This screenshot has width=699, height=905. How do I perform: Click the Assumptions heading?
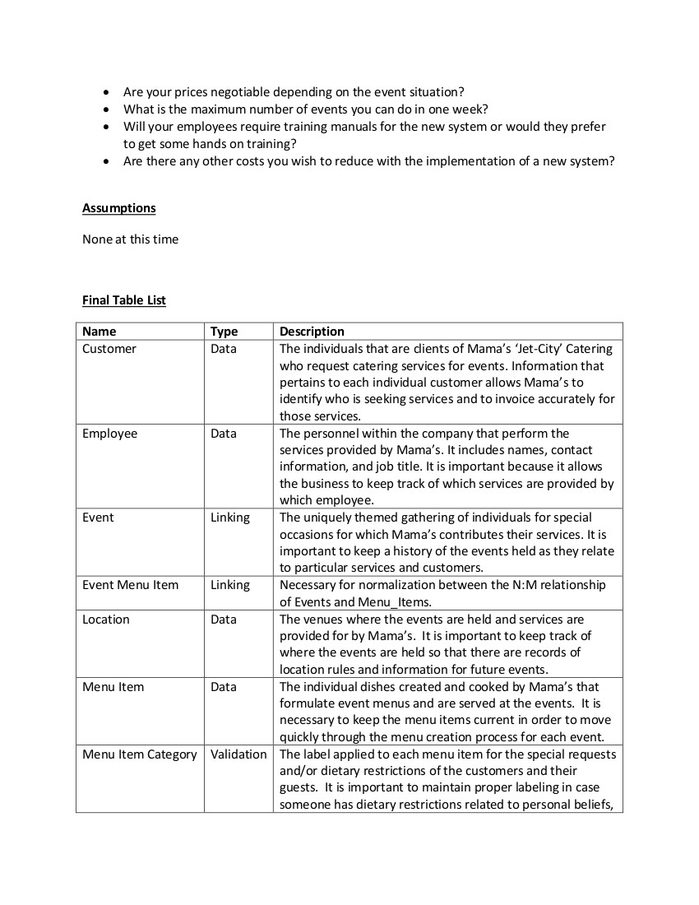click(118, 208)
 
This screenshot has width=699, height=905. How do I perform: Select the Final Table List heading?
click(124, 300)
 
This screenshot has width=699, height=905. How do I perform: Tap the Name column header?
click(100, 332)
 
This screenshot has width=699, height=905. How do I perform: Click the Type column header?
click(224, 332)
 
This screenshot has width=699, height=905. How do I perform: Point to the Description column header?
click(312, 332)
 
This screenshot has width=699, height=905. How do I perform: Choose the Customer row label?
click(109, 349)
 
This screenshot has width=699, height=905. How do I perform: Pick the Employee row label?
click(110, 434)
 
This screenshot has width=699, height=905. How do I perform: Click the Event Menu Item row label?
click(130, 585)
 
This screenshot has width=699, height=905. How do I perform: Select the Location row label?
click(106, 620)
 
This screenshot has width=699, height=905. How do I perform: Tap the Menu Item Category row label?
click(140, 754)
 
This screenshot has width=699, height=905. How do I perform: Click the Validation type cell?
click(238, 754)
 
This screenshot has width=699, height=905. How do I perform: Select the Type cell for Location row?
click(224, 620)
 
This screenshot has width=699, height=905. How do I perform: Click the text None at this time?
click(130, 239)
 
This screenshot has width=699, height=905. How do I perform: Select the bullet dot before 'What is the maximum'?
click(107, 109)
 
